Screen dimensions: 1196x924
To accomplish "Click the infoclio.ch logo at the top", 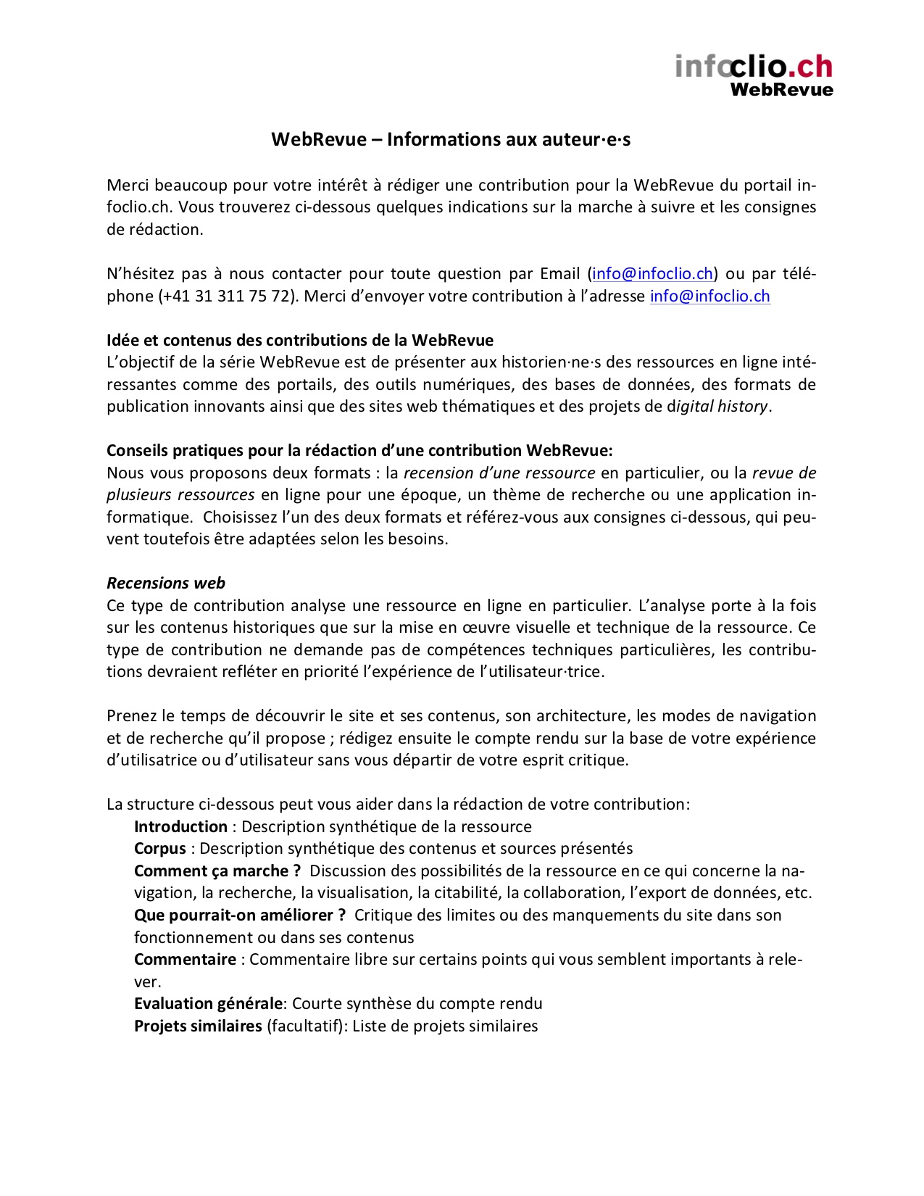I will tap(754, 67).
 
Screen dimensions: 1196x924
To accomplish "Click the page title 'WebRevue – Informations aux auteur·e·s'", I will tap(451, 139).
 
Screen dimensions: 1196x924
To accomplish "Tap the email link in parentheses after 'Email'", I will tap(652, 274).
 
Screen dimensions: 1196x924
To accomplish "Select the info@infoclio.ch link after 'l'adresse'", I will tap(709, 296).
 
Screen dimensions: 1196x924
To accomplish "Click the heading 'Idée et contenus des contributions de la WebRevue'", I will tap(300, 341).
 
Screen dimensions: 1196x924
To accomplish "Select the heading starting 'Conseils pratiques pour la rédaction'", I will tap(359, 451).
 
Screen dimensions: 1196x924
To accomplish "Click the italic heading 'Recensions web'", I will tap(166, 584).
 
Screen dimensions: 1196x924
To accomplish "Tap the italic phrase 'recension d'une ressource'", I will tap(499, 473).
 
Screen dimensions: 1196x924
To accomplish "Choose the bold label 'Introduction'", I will tap(180, 827).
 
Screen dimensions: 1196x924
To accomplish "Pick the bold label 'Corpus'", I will tap(160, 849).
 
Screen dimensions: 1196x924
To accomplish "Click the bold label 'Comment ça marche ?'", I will tap(217, 871).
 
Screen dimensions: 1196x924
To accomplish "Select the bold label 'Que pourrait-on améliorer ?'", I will tap(240, 915).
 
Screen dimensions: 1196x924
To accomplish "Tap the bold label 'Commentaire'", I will tap(185, 960).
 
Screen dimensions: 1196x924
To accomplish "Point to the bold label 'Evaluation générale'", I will tap(208, 1004).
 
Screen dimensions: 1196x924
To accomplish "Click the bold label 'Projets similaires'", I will tap(198, 1026).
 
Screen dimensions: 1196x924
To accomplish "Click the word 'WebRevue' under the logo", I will tap(781, 90).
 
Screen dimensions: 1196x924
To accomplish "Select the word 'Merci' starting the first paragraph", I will tap(128, 186).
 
